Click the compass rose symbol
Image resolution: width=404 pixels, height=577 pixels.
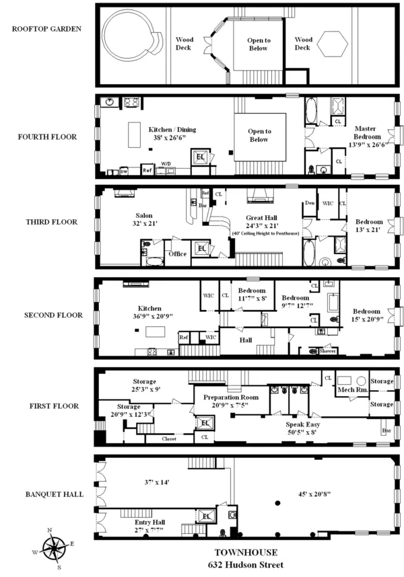click(54, 543)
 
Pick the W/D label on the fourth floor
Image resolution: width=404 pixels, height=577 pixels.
click(166, 163)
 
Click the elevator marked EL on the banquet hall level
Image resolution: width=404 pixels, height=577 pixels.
click(205, 516)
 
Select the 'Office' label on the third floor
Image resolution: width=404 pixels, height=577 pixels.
click(177, 254)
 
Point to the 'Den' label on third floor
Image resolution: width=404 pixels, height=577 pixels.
click(309, 202)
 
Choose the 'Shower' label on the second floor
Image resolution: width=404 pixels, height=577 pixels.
click(328, 350)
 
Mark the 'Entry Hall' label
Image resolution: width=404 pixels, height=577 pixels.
click(150, 522)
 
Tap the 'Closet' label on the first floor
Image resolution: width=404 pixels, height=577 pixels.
click(170, 438)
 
